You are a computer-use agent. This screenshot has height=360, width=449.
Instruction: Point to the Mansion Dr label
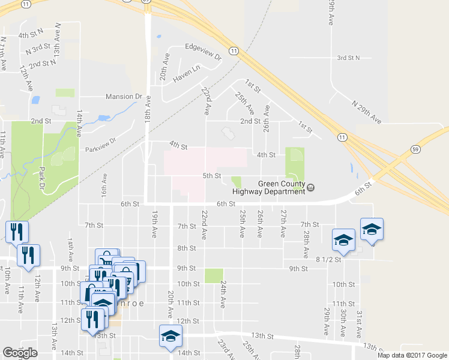123,97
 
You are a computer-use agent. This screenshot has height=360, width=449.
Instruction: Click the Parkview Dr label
99,149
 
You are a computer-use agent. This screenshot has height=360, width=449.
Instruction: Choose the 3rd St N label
348,58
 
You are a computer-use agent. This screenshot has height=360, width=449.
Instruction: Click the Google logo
20,353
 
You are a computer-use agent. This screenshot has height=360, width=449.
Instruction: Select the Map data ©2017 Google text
411,355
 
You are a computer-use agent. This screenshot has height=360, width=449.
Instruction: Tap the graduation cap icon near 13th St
170,337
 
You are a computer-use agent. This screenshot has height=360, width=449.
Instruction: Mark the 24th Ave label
223,294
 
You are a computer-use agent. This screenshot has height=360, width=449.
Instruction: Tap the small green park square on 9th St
213,275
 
